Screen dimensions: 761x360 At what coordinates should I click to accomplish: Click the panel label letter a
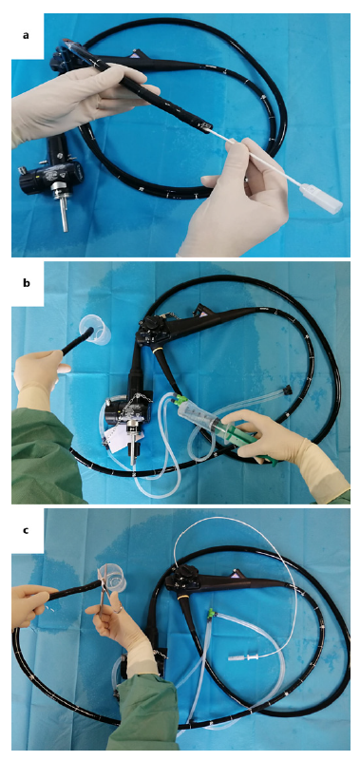tap(27, 35)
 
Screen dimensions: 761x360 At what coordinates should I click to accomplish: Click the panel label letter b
tap(27, 282)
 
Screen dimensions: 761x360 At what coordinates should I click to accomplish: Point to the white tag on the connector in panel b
tap(122, 435)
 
